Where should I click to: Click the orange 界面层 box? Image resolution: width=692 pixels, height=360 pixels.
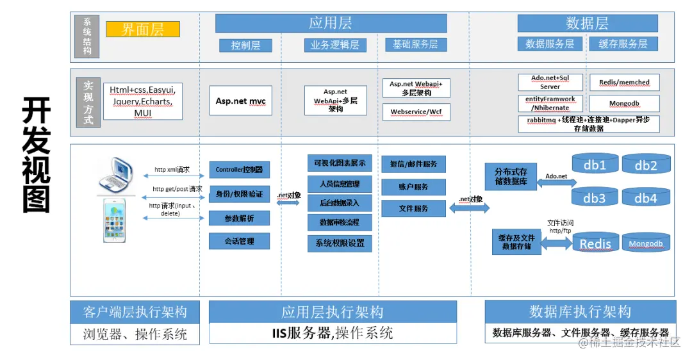click(142, 29)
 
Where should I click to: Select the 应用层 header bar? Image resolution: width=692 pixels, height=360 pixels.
click(331, 23)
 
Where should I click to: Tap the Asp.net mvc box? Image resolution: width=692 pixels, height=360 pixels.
click(240, 101)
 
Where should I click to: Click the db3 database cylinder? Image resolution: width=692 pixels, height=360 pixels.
click(594, 198)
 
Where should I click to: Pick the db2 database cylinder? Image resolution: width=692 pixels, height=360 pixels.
click(646, 166)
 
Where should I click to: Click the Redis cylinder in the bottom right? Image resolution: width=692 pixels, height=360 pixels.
click(595, 243)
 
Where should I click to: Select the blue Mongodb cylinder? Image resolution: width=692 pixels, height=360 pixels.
click(646, 243)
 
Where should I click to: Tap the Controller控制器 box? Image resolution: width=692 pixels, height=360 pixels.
click(239, 170)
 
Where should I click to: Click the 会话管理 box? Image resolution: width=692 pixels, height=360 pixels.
click(239, 241)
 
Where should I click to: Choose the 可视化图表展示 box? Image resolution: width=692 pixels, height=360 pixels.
click(340, 163)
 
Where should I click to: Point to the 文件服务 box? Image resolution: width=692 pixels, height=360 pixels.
click(413, 208)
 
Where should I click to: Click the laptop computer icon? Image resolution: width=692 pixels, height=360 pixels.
click(118, 176)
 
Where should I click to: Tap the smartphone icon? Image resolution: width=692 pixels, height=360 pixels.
click(118, 220)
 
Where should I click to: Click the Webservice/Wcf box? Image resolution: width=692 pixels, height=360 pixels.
click(416, 112)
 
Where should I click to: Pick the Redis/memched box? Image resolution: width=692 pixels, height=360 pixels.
click(624, 83)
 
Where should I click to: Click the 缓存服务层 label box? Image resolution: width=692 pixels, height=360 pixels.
click(623, 44)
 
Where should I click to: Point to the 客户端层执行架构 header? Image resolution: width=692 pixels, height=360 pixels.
click(135, 312)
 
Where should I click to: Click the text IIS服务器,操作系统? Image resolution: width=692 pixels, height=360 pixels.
click(333, 333)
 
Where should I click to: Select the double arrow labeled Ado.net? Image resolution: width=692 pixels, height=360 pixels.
click(556, 183)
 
